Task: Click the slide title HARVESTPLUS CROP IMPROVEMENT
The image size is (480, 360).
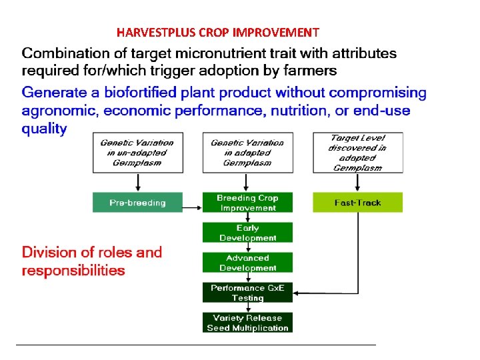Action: tap(217, 32)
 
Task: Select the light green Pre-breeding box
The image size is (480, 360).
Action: tap(137, 203)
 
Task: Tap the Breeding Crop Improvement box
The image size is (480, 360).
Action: tap(247, 203)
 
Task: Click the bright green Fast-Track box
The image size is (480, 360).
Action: tap(357, 203)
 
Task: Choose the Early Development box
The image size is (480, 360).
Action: tap(247, 233)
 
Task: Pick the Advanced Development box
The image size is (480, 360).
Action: tap(247, 263)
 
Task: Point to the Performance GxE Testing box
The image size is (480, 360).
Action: tap(247, 293)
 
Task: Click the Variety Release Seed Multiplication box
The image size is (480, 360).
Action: tap(247, 323)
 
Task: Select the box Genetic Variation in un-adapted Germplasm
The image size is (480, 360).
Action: tap(137, 152)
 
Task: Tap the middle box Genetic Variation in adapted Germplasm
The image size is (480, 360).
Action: tap(247, 152)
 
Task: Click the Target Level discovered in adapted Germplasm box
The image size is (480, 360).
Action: tap(357, 152)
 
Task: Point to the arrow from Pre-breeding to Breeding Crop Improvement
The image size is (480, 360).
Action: tap(193, 208)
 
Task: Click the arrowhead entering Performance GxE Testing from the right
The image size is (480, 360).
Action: tap(297, 292)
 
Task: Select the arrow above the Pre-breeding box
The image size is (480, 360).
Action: tap(137, 182)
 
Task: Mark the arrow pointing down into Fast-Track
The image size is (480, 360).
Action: tap(357, 182)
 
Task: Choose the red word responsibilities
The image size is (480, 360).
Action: tap(73, 271)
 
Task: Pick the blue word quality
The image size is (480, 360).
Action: tap(44, 129)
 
